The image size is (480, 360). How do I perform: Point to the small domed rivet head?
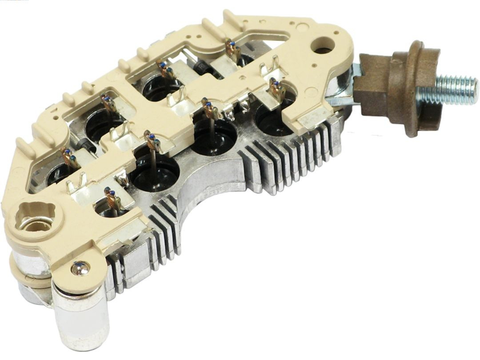coord(80,268)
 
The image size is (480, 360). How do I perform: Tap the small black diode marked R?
coord(202,68)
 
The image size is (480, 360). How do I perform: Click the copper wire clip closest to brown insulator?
coord(277,89)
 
